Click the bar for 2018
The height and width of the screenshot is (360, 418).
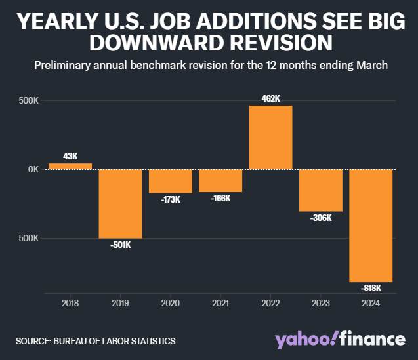click(70, 166)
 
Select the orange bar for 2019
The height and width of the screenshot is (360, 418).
click(120, 203)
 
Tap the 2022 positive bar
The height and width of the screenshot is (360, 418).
click(270, 137)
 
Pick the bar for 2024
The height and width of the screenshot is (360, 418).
click(371, 225)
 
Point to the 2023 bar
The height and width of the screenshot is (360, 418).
click(321, 190)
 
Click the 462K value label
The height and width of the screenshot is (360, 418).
click(270, 98)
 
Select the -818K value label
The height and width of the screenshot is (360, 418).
click(371, 288)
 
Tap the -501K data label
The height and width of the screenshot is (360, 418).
click(120, 245)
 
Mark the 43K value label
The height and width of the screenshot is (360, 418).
click(70, 156)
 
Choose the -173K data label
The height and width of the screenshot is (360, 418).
click(171, 199)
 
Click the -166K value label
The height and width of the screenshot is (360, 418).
click(220, 198)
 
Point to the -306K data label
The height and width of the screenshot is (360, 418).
click(321, 218)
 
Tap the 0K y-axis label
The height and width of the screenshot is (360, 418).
click(32, 169)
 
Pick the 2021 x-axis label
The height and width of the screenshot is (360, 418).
click(220, 304)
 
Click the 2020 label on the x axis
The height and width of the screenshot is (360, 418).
click(171, 304)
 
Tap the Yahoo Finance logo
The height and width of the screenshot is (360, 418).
click(340, 339)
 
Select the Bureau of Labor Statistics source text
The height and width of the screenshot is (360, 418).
click(96, 341)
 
